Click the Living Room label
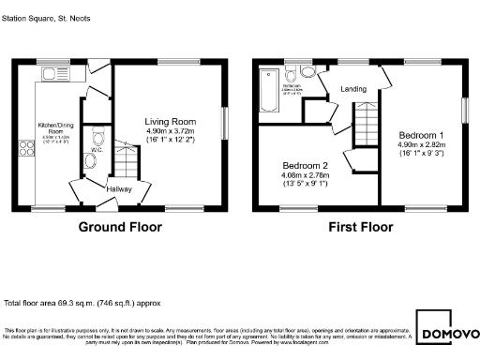coord(170,121)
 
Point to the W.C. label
coord(97,149)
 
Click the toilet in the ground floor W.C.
coord(90,161)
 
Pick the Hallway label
coord(118,189)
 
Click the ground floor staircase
coord(125,161)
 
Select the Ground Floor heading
coord(119,227)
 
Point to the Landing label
coord(353,89)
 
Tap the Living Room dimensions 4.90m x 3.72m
coord(170,130)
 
